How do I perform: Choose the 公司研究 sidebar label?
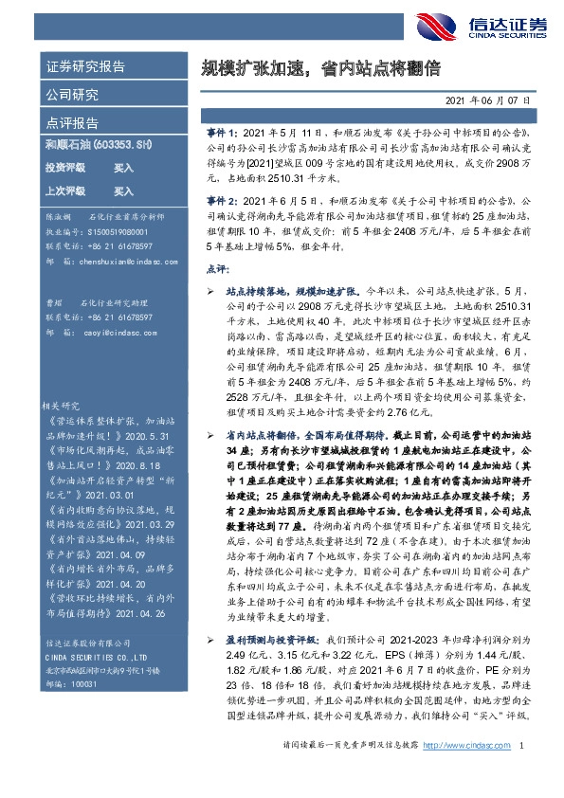(72, 95)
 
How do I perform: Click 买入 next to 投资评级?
(123, 167)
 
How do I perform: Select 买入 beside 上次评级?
(123, 190)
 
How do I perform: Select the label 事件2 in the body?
(221, 201)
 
